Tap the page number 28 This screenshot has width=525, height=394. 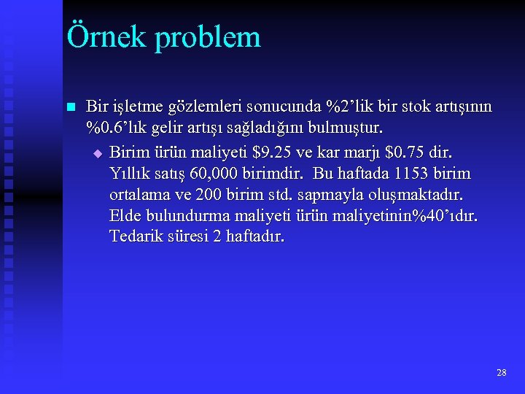tap(501, 372)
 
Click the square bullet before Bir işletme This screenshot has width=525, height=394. tap(71, 107)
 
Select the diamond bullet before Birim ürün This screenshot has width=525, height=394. tap(98, 153)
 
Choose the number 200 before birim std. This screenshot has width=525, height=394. tap(210, 195)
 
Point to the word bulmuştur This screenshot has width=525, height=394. tap(346, 128)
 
